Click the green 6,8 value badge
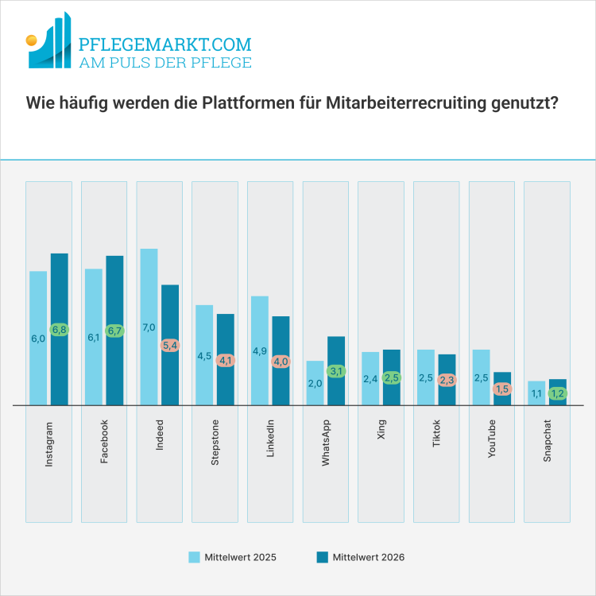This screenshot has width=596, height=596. [60, 329]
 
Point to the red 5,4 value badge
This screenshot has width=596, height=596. [171, 346]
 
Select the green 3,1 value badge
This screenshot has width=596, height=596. [336, 371]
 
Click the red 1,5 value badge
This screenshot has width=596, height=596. [502, 389]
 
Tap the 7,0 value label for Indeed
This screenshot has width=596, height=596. [149, 327]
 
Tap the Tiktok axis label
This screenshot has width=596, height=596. [436, 437]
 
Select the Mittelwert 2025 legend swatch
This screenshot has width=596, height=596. [194, 557]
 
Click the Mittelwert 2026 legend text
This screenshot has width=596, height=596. [368, 557]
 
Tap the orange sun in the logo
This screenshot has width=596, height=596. [31, 38]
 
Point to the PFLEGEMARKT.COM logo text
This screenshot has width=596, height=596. [165, 44]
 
